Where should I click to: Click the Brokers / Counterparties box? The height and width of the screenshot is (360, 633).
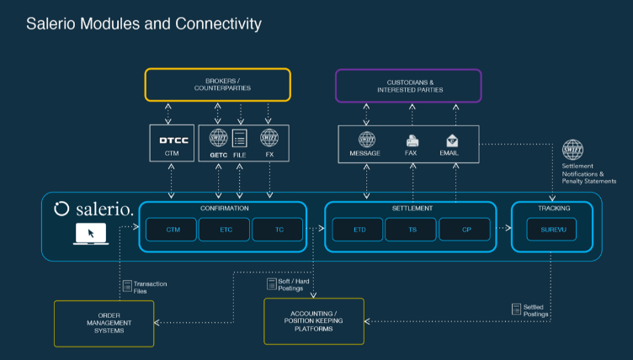pyautogui.click(x=217, y=86)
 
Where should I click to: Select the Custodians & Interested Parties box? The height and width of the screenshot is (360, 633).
pyautogui.click(x=408, y=86)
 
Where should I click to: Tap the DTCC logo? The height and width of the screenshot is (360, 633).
pyautogui.click(x=173, y=140)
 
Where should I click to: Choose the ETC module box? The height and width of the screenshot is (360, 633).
pyautogui.click(x=225, y=228)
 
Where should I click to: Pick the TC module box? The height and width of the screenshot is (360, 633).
pyautogui.click(x=279, y=228)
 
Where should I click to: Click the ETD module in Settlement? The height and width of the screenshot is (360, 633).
pyautogui.click(x=357, y=228)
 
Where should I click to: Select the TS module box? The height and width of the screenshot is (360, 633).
pyautogui.click(x=411, y=228)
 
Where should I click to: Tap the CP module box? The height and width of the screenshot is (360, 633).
pyautogui.click(x=465, y=228)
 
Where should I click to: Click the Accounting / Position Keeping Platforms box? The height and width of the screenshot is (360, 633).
pyautogui.click(x=315, y=320)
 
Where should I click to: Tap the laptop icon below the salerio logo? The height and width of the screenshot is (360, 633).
pyautogui.click(x=90, y=235)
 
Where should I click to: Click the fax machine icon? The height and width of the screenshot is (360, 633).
pyautogui.click(x=412, y=140)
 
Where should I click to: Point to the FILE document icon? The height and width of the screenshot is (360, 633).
pyautogui.click(x=239, y=139)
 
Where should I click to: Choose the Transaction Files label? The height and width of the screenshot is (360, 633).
pyautogui.click(x=148, y=288)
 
